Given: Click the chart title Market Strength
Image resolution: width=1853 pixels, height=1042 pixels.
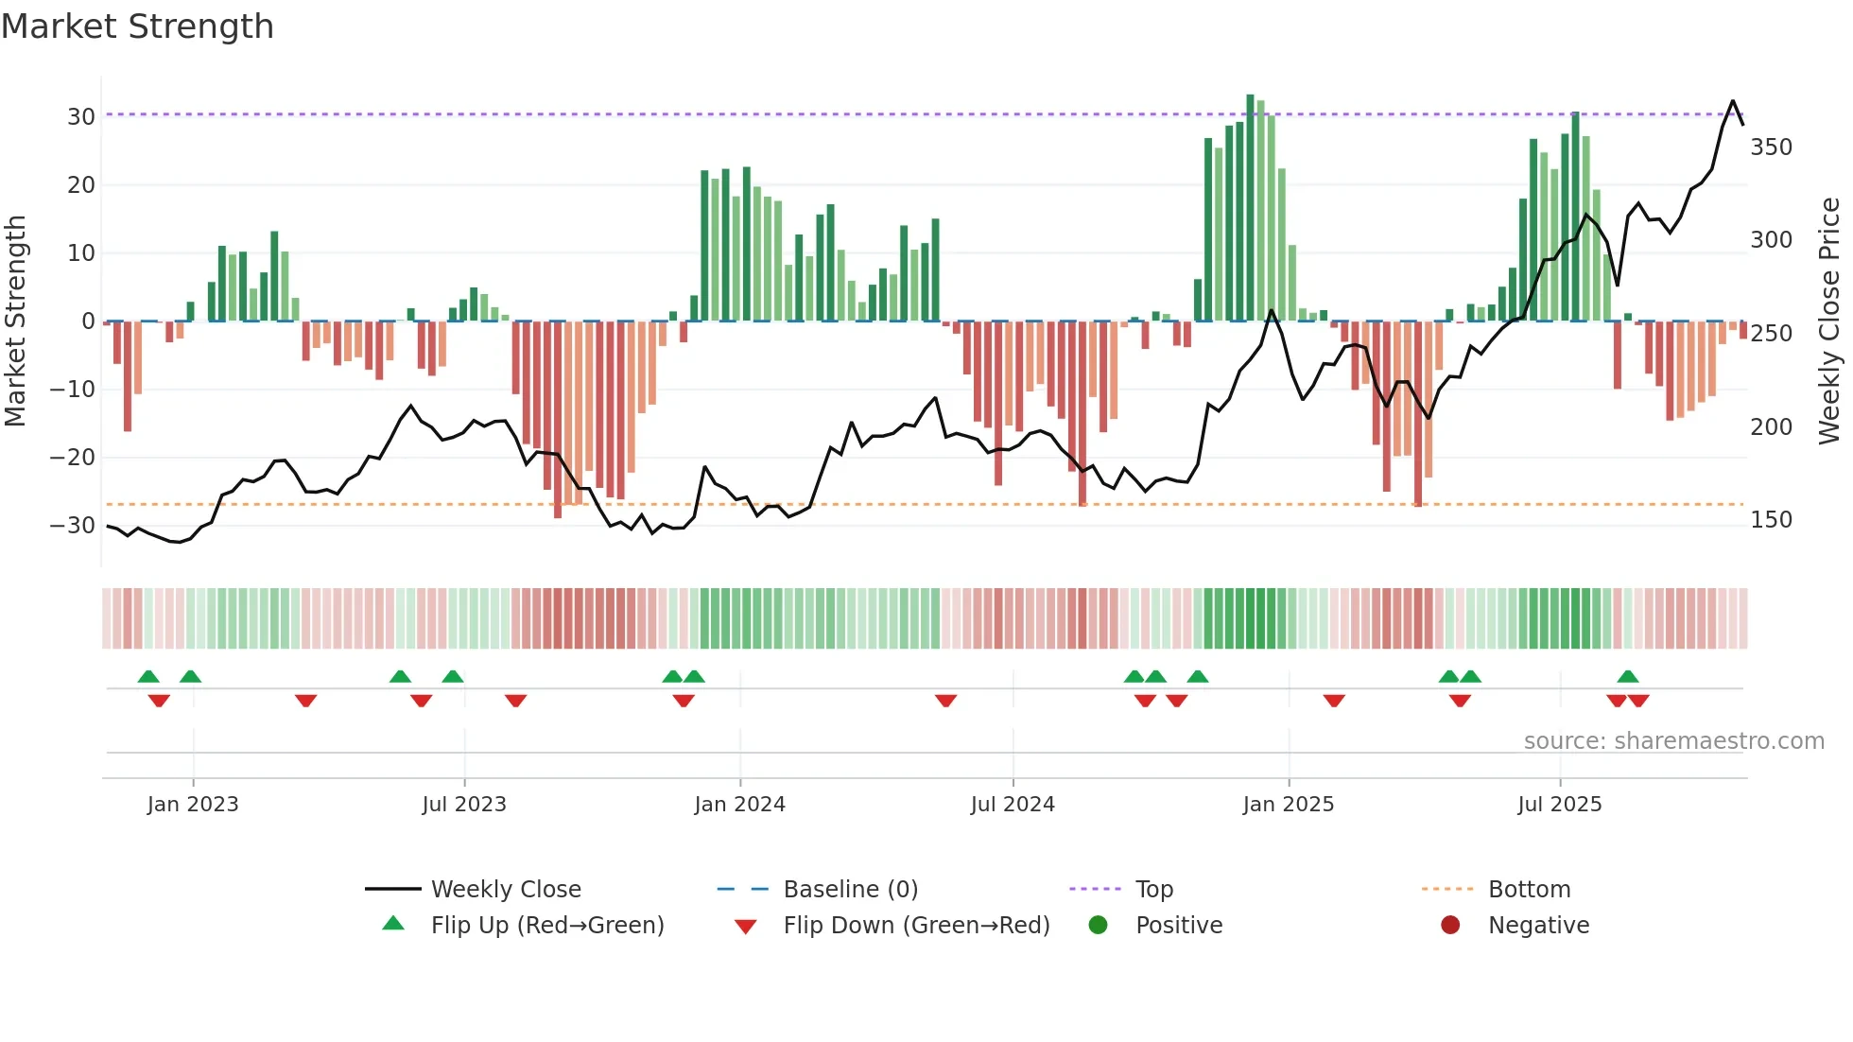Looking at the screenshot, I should (137, 26).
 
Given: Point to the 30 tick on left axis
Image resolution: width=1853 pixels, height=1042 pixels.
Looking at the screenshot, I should (81, 117).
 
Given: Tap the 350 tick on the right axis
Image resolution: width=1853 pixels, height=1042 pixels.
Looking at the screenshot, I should (1771, 148).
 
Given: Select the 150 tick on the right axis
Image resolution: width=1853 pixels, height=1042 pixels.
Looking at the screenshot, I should (1771, 520).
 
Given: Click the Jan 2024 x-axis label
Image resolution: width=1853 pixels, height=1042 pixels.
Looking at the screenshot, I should (739, 805).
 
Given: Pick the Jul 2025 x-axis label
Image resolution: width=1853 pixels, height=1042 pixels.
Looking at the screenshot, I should (1559, 805).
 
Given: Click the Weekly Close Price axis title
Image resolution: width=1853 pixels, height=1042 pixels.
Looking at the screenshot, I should (1829, 321).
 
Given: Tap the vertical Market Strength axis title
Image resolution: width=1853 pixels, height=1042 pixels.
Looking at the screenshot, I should (15, 321).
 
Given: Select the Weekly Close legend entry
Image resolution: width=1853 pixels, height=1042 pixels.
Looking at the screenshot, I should (506, 890).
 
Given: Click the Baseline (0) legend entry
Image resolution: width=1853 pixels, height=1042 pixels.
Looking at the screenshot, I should (850, 890).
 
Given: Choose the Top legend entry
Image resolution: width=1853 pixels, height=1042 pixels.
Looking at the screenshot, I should (1153, 890).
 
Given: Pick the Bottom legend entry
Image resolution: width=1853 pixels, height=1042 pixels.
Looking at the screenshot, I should (1529, 890).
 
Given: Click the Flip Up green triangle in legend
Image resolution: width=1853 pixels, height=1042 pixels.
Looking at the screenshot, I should (393, 924).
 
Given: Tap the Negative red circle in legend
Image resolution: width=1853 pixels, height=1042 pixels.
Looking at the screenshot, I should (1449, 925).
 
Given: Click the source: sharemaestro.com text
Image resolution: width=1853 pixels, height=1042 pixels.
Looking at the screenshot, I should (1673, 741).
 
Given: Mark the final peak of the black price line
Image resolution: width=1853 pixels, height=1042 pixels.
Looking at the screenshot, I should (1733, 101).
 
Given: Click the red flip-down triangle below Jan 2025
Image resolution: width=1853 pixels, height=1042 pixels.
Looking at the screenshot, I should (1334, 701).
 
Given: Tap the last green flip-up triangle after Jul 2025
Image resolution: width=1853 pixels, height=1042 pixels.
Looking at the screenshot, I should (1627, 677).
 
